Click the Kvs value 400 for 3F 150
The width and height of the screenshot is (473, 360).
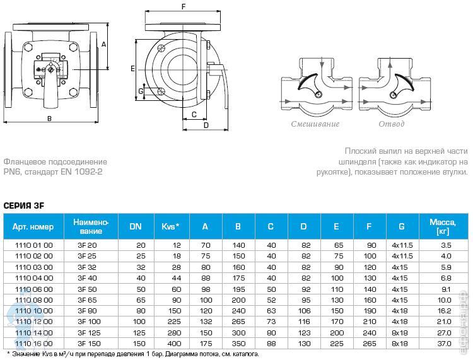click(x=174, y=344)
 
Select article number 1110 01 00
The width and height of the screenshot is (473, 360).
click(x=34, y=245)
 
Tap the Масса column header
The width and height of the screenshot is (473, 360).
click(x=443, y=227)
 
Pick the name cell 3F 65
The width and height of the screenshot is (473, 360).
click(x=87, y=300)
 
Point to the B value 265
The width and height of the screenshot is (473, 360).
click(x=238, y=322)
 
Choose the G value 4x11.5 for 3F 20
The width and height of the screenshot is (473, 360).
click(x=402, y=245)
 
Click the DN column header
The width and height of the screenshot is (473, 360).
click(x=136, y=226)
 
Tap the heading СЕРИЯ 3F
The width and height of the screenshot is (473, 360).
click(x=24, y=206)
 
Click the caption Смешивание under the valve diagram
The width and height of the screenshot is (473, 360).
click(x=315, y=124)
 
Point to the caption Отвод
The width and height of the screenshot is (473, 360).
click(x=392, y=124)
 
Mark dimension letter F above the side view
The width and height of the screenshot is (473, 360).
click(x=184, y=7)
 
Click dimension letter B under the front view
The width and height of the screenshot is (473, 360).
click(x=49, y=119)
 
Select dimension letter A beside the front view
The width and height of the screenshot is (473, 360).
click(x=104, y=44)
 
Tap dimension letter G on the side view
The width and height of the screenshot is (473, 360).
click(x=141, y=91)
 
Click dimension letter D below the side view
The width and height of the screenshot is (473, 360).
click(x=206, y=125)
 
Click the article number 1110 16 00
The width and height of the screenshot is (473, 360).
click(x=34, y=344)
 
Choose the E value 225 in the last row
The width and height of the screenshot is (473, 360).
click(x=337, y=344)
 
